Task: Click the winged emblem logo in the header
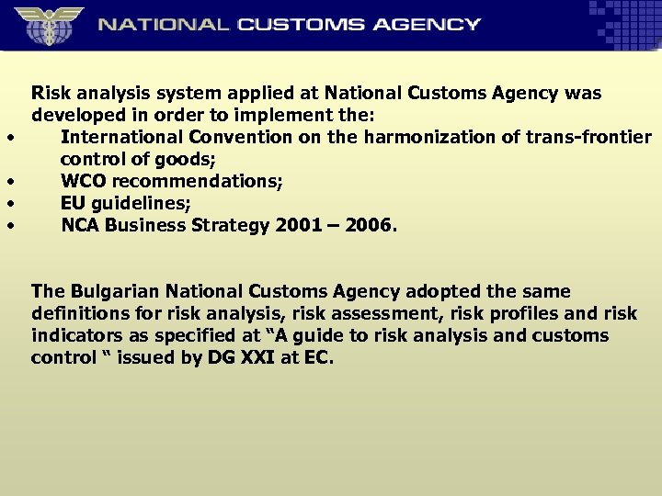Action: click(x=47, y=24)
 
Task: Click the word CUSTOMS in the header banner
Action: click(x=298, y=25)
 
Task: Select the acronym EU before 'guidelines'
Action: click(x=74, y=203)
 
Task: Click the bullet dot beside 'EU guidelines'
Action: click(x=9, y=203)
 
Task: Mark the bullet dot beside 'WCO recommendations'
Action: click(x=9, y=182)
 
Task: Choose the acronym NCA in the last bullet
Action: click(x=80, y=225)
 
